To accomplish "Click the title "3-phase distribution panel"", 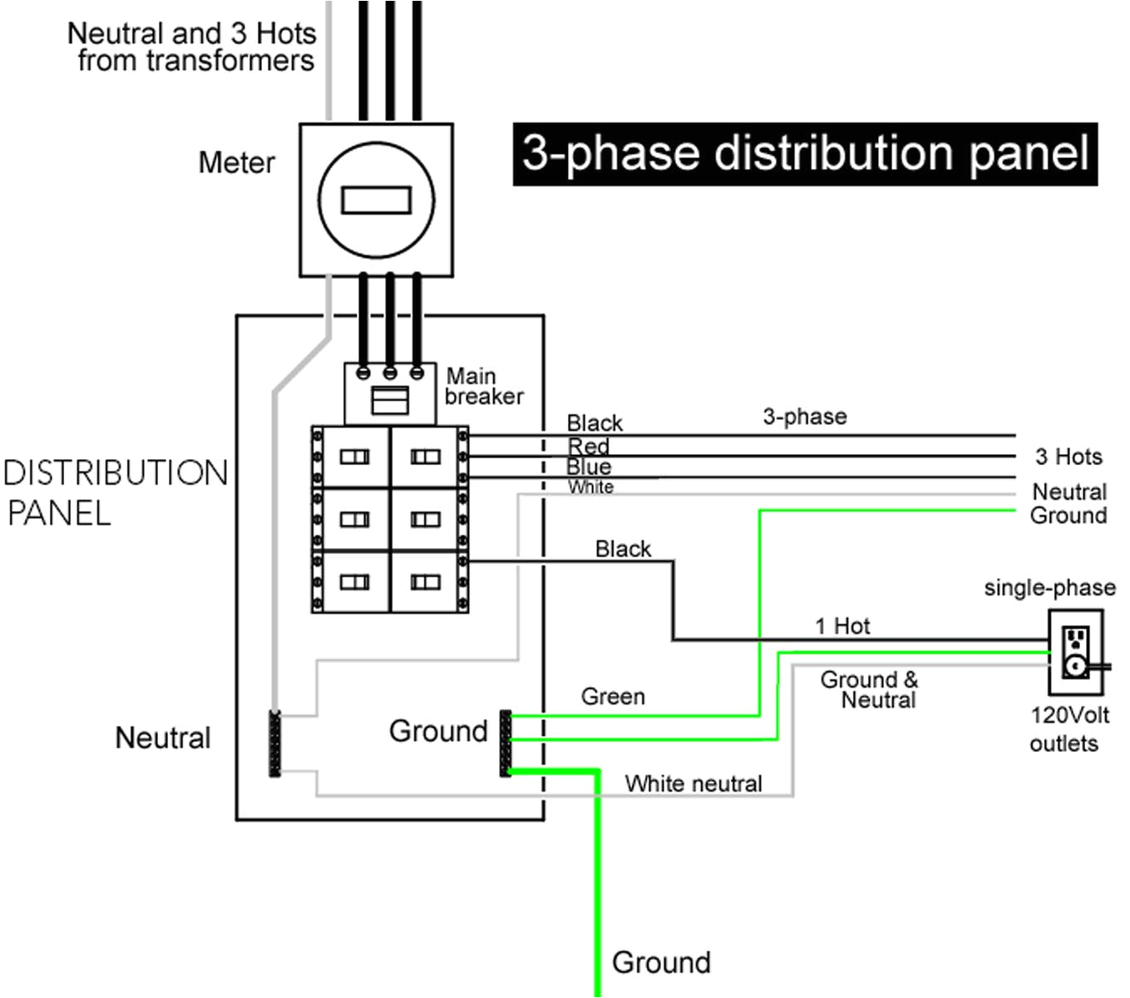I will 805,154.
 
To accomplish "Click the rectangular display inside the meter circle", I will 376,200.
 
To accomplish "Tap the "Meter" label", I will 236,163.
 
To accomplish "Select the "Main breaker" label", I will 483,387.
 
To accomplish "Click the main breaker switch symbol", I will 389,400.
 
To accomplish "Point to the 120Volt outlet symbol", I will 1075,653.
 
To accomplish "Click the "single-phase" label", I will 1049,588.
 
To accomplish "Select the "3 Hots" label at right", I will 1068,457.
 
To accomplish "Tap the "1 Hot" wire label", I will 842,626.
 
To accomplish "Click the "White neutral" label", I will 693,783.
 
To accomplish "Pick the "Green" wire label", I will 613,696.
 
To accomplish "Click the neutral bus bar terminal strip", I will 274,744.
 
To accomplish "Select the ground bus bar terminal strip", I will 505,743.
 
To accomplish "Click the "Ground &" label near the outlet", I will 869,679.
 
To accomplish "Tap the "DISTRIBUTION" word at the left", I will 116,473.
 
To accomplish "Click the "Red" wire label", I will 589,447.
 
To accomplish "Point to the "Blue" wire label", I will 589,467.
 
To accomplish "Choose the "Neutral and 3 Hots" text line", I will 191,33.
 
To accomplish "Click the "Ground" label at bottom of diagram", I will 661,962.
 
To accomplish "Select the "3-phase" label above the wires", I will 805,417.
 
